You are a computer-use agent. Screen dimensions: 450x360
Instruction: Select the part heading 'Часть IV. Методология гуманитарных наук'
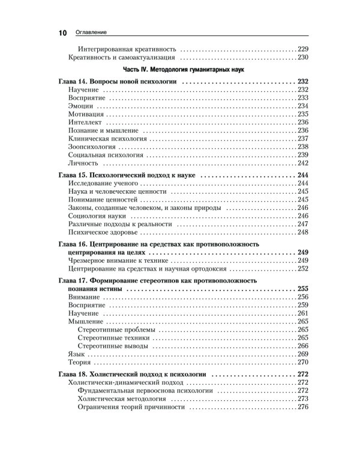click(x=179, y=70)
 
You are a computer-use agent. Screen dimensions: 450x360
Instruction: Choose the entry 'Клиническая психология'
click(x=107, y=138)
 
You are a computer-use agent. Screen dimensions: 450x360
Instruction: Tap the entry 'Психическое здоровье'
click(x=103, y=232)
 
